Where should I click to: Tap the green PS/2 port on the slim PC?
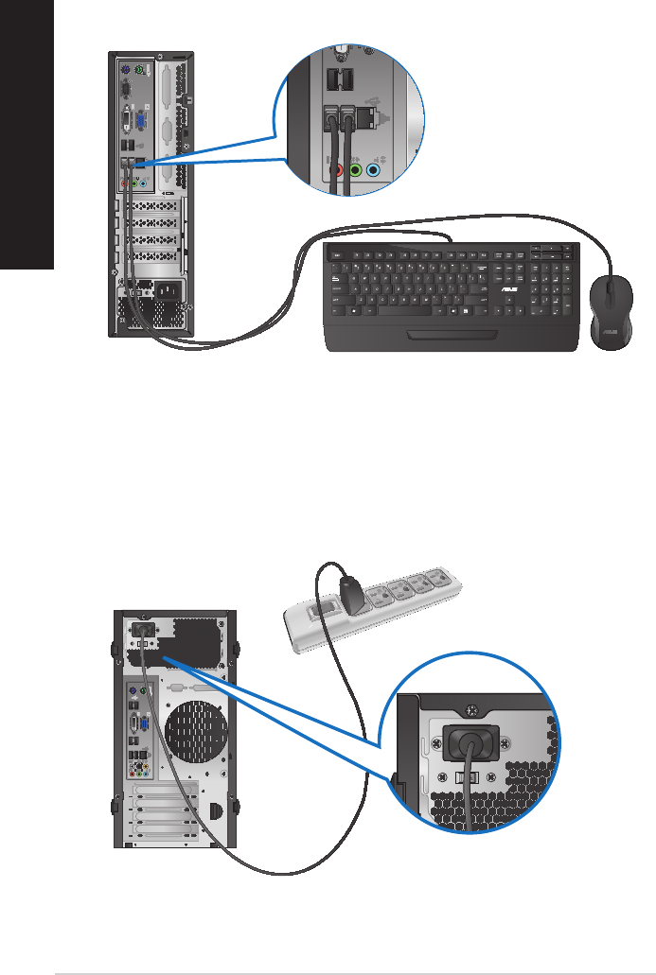[x=138, y=70]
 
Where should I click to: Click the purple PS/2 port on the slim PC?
[x=125, y=70]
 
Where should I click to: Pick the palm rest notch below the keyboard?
[x=451, y=336]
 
